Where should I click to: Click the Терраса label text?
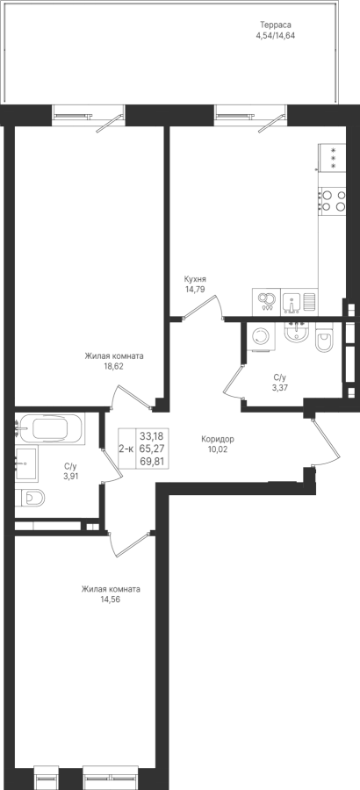click(x=276, y=25)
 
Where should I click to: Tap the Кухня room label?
click(x=195, y=279)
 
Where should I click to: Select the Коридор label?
click(x=217, y=439)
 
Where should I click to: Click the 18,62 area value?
click(x=113, y=366)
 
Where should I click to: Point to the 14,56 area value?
click(x=111, y=600)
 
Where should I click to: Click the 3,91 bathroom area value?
click(x=70, y=475)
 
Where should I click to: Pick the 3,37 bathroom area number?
click(x=280, y=387)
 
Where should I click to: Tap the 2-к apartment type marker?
click(x=126, y=448)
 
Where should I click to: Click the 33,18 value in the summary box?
click(x=152, y=434)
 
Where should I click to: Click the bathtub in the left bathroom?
click(x=49, y=428)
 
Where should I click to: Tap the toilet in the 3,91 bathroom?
click(x=30, y=499)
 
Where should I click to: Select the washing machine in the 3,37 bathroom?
click(x=262, y=336)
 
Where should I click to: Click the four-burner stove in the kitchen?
click(x=332, y=200)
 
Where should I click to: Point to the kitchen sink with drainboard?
click(x=299, y=302)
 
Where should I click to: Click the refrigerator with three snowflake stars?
click(x=332, y=158)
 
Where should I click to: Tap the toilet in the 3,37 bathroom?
click(x=323, y=341)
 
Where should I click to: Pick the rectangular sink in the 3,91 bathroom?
click(x=26, y=463)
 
